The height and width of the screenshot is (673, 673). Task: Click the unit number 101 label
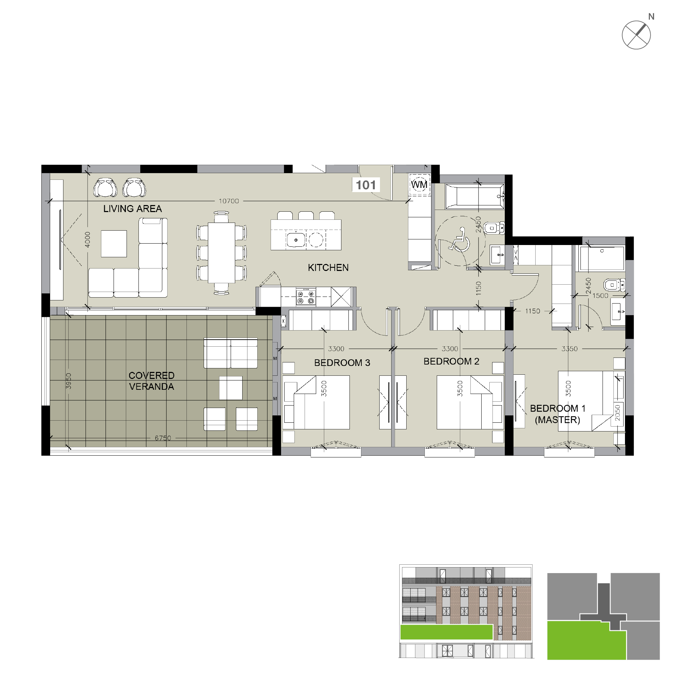click(366, 185)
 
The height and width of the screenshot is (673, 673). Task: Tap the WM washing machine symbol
click(419, 184)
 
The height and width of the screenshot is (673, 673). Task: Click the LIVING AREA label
click(132, 209)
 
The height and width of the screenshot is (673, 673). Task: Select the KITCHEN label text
click(328, 268)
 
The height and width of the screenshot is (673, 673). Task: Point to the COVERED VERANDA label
click(151, 381)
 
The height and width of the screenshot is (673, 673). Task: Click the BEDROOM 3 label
click(342, 363)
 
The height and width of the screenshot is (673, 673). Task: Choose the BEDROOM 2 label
click(451, 361)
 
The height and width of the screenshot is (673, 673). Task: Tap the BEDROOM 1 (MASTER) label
click(557, 414)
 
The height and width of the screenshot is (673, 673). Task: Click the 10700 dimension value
click(229, 201)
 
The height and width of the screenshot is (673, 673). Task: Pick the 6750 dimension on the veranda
click(163, 438)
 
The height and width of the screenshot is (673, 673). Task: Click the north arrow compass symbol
click(636, 35)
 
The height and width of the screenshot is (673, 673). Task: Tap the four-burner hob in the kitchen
click(305, 297)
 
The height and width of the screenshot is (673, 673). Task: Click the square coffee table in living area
click(114, 244)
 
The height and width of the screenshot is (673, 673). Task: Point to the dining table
click(222, 252)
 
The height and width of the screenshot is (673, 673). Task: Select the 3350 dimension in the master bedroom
click(569, 349)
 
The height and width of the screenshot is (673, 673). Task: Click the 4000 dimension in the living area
click(88, 239)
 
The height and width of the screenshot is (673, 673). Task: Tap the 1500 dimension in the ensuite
click(600, 295)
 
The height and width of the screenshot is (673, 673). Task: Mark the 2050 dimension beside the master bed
click(618, 413)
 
